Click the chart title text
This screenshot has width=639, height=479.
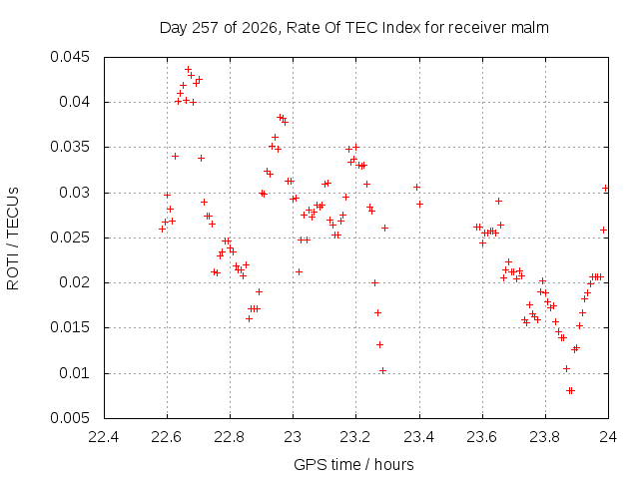click(353, 28)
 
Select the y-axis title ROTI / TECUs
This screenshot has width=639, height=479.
click(13, 239)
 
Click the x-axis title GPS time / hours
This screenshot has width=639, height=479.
click(353, 464)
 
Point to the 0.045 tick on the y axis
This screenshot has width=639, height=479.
click(69, 57)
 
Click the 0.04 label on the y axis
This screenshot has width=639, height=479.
click(74, 102)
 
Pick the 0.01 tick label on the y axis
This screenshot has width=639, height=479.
click(74, 373)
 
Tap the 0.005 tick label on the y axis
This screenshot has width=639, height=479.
click(69, 418)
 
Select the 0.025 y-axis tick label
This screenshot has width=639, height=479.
click(69, 238)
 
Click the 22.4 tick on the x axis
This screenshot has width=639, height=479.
click(104, 437)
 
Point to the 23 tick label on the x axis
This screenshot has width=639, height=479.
click(293, 437)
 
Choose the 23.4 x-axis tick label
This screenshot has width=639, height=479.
click(419, 437)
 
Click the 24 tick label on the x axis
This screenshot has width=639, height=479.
click(608, 437)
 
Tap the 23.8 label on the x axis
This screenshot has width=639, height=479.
click(545, 437)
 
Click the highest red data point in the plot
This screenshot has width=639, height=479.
click(189, 70)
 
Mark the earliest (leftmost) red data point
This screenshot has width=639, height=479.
click(162, 230)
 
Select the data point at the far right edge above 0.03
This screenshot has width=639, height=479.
click(606, 189)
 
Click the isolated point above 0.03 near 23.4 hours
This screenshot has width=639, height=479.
click(416, 187)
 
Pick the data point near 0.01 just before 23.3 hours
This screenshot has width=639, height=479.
click(382, 370)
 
